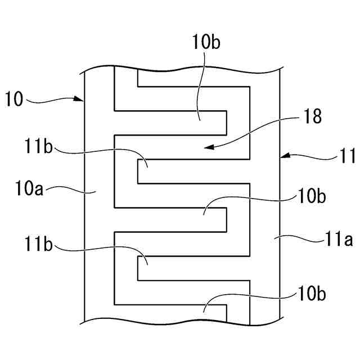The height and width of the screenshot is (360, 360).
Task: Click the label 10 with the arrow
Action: click(15, 100)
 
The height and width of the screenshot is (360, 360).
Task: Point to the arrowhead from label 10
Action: click(81, 100)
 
